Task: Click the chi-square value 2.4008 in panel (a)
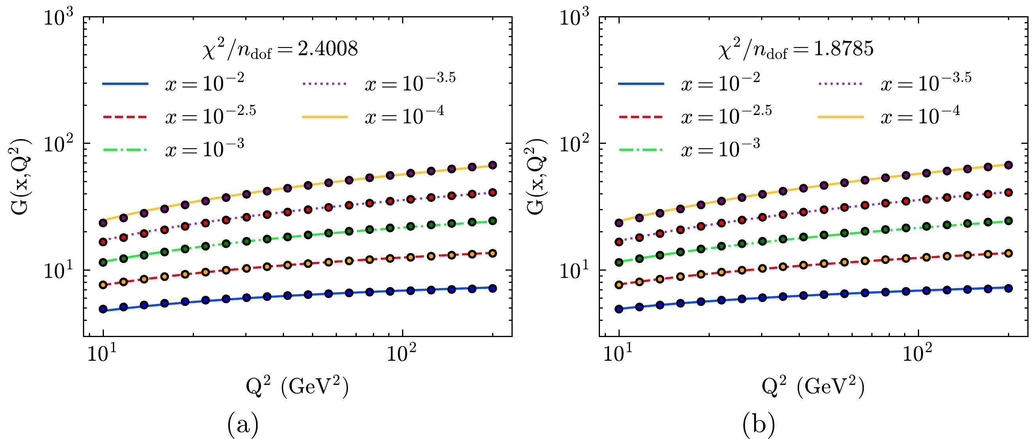(327, 49)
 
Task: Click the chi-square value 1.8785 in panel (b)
(843, 49)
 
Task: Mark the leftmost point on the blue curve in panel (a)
(103, 309)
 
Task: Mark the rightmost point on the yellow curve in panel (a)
(493, 165)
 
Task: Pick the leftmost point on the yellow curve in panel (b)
(619, 222)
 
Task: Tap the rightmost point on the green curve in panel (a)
(493, 221)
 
